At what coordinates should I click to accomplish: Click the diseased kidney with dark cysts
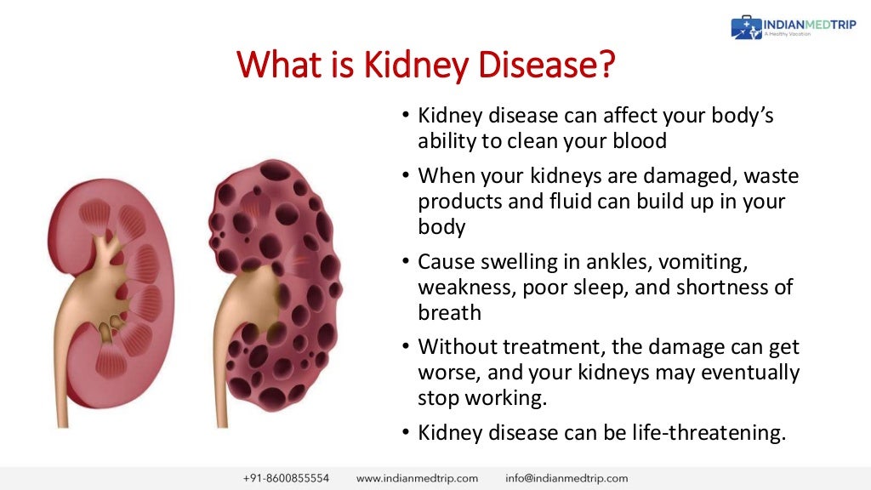[x=272, y=281]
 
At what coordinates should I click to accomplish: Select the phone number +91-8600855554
[x=286, y=478]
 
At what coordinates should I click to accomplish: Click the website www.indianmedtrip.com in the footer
[x=417, y=478]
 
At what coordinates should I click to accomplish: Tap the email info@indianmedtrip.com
[x=566, y=478]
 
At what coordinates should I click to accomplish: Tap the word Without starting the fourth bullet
[x=460, y=347]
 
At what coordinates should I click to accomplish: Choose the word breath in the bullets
[x=449, y=312]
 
